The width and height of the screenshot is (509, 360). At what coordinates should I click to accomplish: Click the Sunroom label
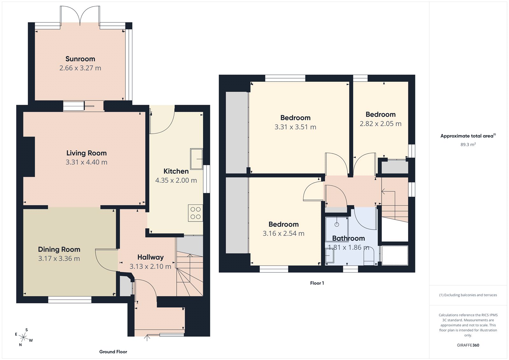pos(80,59)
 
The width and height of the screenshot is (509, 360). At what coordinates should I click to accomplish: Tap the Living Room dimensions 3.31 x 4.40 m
pos(87,162)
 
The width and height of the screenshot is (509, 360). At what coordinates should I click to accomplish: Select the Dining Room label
pos(59,250)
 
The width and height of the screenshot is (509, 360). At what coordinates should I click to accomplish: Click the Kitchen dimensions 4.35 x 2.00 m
pos(176,180)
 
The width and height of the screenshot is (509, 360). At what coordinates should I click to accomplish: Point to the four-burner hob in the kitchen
pos(196,213)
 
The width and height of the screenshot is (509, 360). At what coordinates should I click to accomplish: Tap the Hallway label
pos(150,257)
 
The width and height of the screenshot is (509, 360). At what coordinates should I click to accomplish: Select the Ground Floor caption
pos(113,352)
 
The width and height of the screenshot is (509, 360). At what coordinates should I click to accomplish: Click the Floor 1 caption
pos(317,283)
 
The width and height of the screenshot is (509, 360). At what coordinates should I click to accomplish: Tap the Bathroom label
pos(348,238)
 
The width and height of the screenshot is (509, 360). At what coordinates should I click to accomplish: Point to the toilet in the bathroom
pos(369,257)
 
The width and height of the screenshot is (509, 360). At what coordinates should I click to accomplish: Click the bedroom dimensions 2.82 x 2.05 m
pos(380,124)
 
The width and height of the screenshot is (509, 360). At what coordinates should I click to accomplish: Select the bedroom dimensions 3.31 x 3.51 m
pos(295,127)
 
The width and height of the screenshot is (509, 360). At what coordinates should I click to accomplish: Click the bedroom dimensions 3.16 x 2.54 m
pos(283,234)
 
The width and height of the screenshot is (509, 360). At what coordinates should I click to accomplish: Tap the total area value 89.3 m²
pos(468,145)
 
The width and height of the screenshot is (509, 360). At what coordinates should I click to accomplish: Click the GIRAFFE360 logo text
pos(468,345)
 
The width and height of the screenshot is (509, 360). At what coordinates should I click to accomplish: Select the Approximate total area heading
pos(467,136)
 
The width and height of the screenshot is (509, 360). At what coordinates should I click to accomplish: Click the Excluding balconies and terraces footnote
pos(468,295)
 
